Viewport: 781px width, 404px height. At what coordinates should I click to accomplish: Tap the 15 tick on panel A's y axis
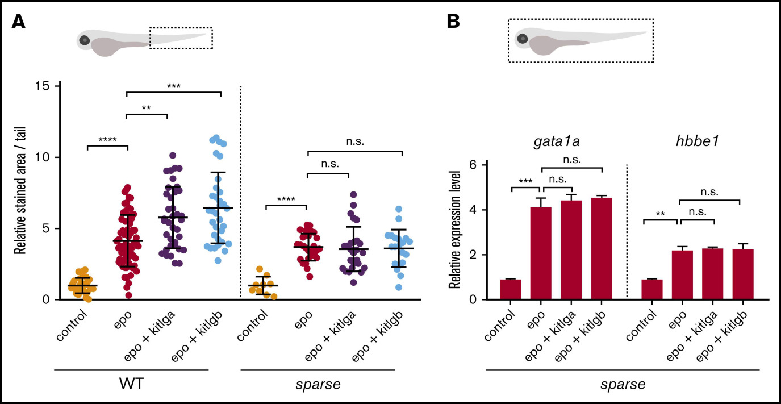[55, 86]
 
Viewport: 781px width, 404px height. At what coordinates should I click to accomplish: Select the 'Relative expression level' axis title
[454, 231]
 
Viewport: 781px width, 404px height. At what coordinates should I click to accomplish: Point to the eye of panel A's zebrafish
[85, 40]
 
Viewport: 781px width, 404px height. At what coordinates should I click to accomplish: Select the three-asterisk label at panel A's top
[174, 86]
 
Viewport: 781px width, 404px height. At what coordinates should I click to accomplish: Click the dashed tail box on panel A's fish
[181, 38]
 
